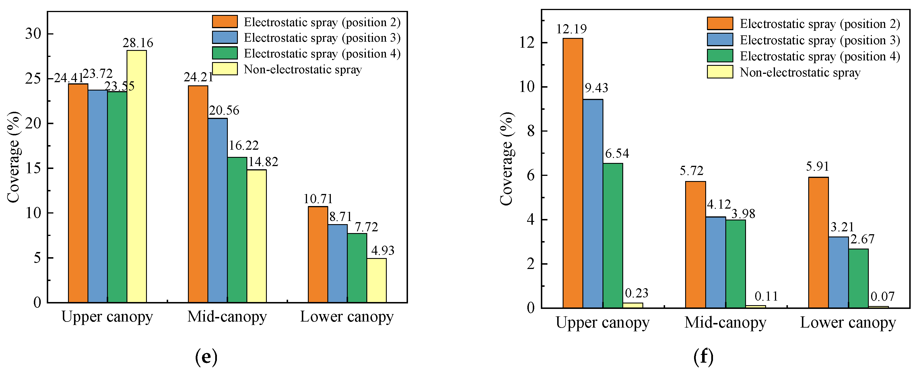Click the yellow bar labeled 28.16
[x=137, y=176]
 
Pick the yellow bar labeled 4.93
[x=376, y=280]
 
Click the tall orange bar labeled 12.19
[x=573, y=173]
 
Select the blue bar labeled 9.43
[x=593, y=203]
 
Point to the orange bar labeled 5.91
[x=818, y=243]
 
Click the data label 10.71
[x=318, y=199]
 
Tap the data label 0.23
[x=636, y=293]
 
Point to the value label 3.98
[x=743, y=214]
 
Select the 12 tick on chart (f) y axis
[x=527, y=43]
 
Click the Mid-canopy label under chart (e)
[x=227, y=316]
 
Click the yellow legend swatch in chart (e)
[x=225, y=69]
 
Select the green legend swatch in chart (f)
[x=720, y=56]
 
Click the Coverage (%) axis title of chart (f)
[x=507, y=159]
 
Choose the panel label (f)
[x=704, y=356]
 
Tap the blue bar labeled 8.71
[x=337, y=264]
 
